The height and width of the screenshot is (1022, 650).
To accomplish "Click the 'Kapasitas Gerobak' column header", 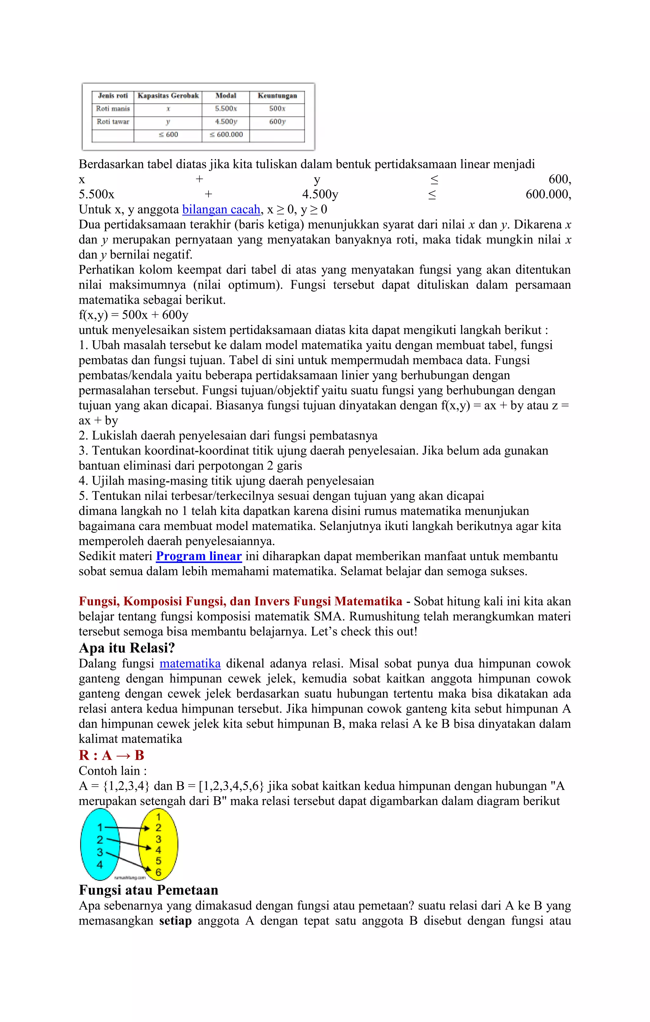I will (168, 96).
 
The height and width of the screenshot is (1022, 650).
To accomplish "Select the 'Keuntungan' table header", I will (277, 96).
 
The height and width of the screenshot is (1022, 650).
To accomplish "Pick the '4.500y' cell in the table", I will (226, 122).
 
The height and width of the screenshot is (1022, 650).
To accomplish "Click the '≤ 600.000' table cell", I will (226, 135).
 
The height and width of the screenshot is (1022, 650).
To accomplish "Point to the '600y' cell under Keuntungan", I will (277, 122).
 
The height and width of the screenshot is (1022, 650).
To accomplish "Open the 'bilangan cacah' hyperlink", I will (221, 210).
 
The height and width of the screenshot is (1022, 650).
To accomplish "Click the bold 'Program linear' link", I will (199, 557).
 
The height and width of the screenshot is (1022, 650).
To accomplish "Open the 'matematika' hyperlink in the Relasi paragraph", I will (190, 664).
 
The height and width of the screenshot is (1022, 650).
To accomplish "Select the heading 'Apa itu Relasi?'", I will (127, 648).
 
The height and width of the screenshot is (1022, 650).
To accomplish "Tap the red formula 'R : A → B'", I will (112, 755).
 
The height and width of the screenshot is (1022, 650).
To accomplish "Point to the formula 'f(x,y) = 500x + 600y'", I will (134, 315).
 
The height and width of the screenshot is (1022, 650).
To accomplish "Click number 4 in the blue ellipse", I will (100, 865).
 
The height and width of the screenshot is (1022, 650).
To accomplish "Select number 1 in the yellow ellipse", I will (158, 817).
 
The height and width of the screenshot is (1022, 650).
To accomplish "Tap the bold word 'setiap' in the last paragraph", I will (175, 921).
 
